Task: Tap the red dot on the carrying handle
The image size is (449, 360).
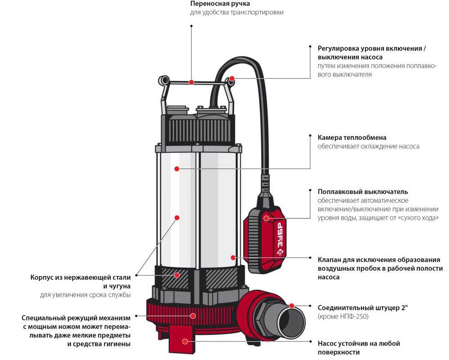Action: coord(191,82)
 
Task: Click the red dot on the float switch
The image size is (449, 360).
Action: coord(266,219)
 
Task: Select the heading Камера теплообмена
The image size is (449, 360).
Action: coord(352,138)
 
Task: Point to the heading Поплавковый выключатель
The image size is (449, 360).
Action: coord(363,192)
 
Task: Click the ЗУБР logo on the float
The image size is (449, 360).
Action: coord(280,239)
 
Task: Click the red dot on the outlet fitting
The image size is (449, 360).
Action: coord(291,306)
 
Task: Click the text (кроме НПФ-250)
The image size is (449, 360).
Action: coord(344,317)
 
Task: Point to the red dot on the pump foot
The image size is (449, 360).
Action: coord(185,342)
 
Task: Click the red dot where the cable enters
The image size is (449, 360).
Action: coord(232,79)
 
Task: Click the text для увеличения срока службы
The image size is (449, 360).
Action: coord(85,295)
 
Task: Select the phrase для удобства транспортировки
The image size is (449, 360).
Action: coord(237,13)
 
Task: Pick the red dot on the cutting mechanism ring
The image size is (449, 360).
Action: coord(193,316)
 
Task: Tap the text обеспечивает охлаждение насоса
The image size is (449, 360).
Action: coord(369,147)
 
